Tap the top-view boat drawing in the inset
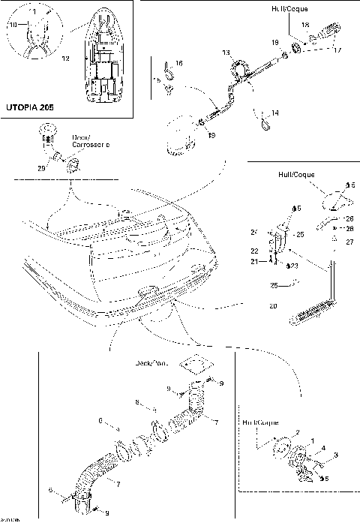103,56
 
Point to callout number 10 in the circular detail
12,25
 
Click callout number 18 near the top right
305,26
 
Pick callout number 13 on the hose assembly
226,54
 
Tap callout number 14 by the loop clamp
274,113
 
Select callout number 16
178,63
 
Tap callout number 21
253,261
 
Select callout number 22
253,251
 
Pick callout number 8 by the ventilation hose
137,403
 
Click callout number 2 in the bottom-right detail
297,433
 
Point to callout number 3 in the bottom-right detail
336,455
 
